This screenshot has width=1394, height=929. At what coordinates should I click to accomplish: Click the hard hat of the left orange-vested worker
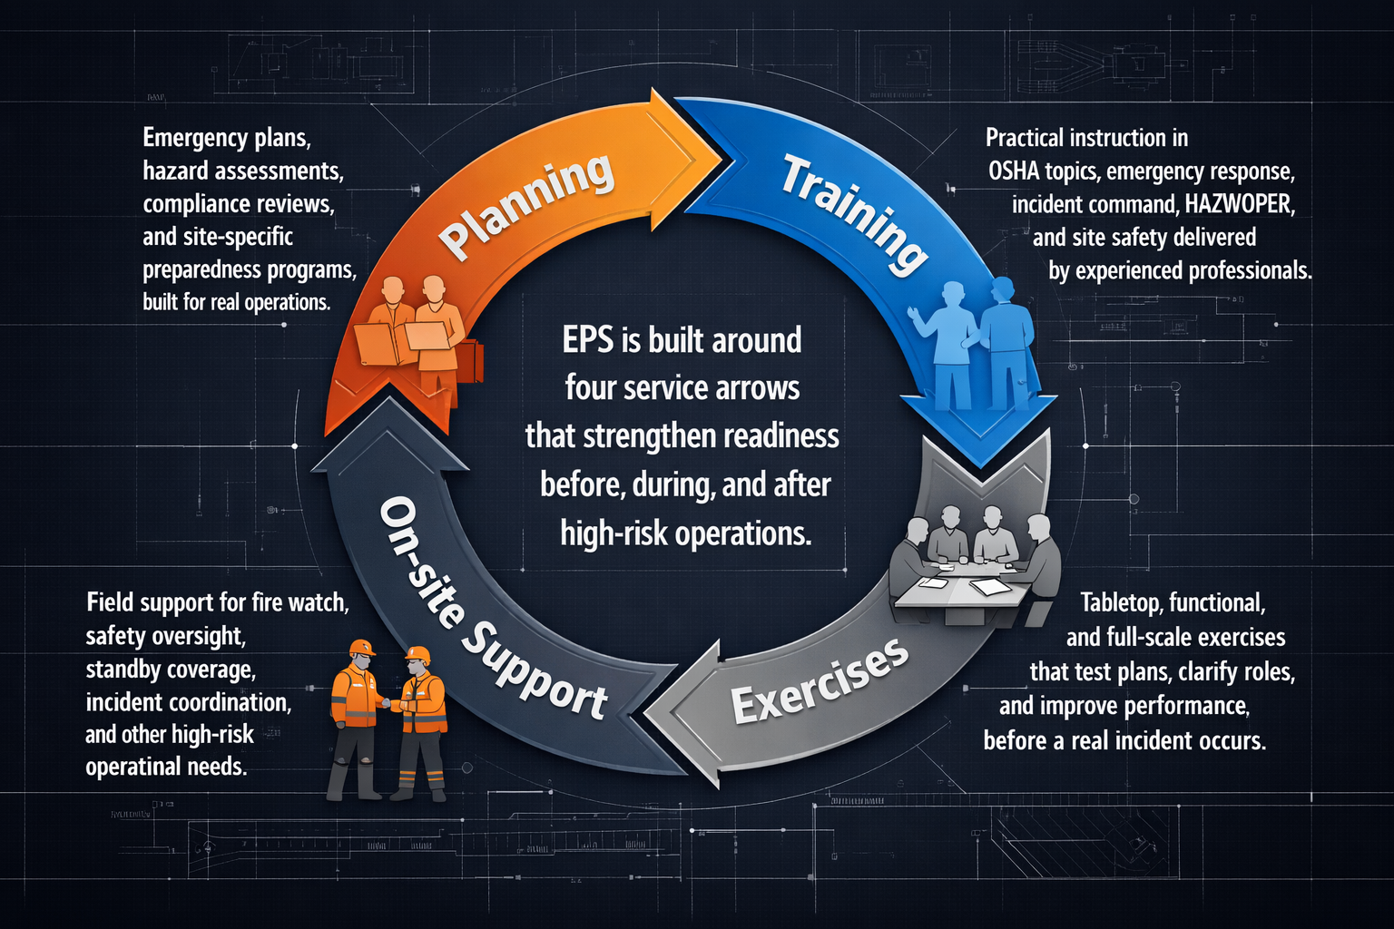point(361,647)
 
